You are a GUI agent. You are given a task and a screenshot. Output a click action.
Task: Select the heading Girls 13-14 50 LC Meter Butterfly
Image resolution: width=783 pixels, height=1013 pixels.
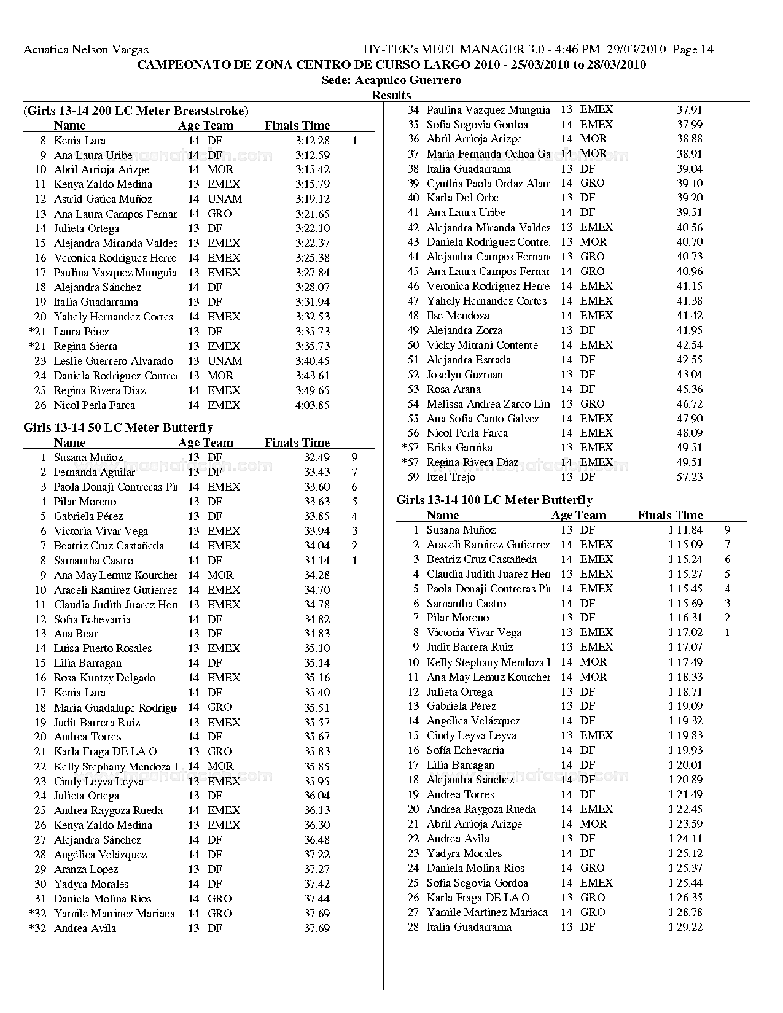[118, 428]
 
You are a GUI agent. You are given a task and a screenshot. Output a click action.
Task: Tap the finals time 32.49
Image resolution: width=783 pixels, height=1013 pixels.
[316, 457]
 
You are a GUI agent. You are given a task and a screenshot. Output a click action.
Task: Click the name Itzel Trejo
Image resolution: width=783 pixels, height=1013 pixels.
[451, 477]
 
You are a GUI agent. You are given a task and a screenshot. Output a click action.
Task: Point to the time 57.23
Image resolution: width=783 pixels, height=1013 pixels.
[689, 477]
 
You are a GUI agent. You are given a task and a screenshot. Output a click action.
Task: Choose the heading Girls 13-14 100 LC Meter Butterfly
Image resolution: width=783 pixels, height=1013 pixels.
[494, 500]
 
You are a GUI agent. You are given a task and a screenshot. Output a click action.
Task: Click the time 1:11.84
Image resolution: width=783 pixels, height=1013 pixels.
[685, 530]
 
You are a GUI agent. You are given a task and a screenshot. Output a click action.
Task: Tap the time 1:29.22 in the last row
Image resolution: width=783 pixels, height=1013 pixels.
[685, 927]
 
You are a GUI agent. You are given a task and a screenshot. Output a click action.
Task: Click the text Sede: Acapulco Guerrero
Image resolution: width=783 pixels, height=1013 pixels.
[391, 80]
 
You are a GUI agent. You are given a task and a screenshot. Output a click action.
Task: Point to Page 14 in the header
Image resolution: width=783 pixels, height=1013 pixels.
[693, 50]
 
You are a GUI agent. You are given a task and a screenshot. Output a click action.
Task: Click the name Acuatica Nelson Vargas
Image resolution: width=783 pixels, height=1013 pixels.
[86, 50]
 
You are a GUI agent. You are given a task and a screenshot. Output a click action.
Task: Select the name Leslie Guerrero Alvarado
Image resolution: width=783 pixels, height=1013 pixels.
[114, 361]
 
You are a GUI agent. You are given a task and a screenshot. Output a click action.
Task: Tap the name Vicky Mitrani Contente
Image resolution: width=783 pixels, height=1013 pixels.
[482, 345]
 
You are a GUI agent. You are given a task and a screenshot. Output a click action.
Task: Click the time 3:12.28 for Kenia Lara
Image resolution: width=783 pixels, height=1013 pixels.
[312, 141]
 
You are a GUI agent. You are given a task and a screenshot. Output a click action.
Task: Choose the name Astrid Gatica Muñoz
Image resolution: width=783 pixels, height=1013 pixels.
[103, 199]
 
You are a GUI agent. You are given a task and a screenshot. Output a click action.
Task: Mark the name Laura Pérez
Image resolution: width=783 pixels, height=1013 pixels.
[82, 332]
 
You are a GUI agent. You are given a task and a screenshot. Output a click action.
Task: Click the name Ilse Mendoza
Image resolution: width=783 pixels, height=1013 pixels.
[458, 316]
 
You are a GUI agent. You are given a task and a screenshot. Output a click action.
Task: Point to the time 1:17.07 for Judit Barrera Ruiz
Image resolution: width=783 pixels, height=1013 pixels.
[685, 647]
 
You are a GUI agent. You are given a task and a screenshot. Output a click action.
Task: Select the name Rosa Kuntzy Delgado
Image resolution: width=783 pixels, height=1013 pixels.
[104, 678]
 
